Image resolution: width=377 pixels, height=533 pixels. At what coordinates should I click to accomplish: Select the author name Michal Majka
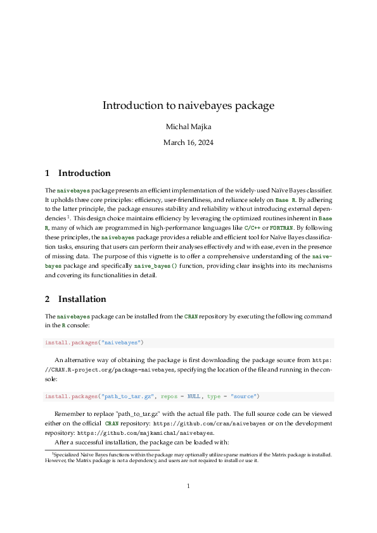tap(188, 127)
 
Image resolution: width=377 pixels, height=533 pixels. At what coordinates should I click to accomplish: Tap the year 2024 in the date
tap(204, 142)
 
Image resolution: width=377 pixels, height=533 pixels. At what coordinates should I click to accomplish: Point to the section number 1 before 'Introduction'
tap(48, 173)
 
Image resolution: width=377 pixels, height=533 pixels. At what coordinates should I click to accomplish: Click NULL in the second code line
tap(194, 397)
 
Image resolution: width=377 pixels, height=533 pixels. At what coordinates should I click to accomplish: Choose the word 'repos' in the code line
tap(169, 397)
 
